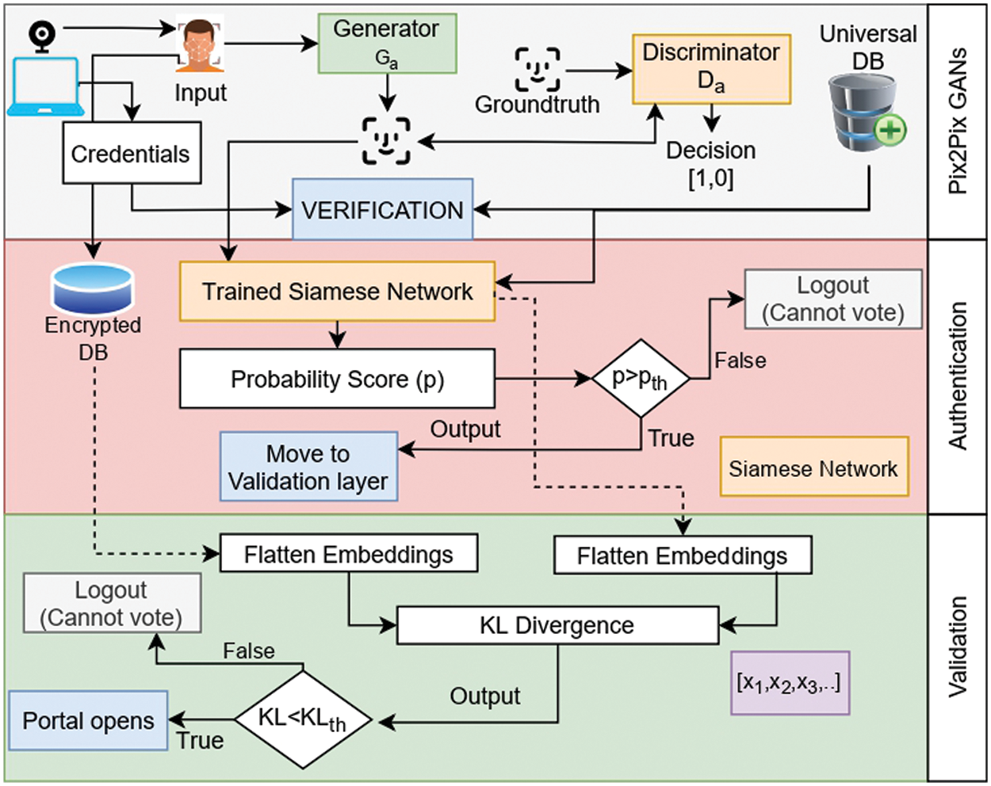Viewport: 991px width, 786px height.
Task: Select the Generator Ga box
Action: (387, 43)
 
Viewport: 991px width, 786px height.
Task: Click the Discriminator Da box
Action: (711, 69)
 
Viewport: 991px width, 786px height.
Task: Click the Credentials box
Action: (131, 153)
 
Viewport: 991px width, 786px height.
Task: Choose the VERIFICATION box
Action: (382, 210)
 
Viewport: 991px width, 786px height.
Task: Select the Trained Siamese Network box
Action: (337, 292)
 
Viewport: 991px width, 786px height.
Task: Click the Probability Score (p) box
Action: (337, 379)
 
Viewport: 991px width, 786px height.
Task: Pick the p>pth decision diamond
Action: (641, 379)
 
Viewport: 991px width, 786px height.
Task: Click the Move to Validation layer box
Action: (308, 467)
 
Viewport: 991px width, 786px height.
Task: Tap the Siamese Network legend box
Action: (813, 467)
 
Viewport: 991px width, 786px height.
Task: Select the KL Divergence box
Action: (557, 625)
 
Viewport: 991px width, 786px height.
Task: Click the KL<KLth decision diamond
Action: (303, 719)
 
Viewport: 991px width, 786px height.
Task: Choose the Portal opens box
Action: (88, 720)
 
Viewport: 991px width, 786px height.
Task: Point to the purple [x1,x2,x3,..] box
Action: (790, 682)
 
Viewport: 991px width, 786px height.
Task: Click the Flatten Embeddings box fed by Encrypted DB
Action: (349, 554)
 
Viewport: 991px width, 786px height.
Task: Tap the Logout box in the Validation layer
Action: (111, 603)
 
